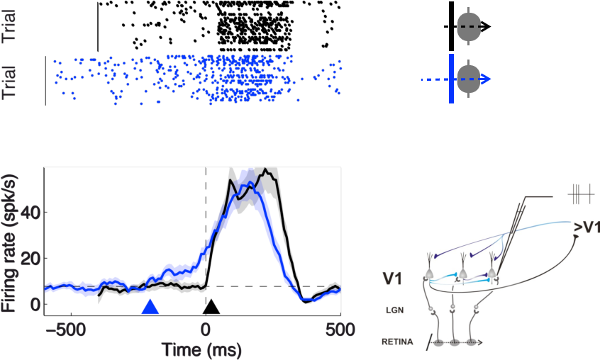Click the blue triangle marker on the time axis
coord(149,307)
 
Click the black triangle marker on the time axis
coord(211,307)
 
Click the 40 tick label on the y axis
coord(30,212)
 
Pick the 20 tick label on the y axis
coord(30,258)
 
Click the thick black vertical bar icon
coord(451,26)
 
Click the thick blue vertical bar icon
coord(451,80)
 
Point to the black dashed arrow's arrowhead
coord(488,27)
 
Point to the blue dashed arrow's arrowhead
coord(488,80)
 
